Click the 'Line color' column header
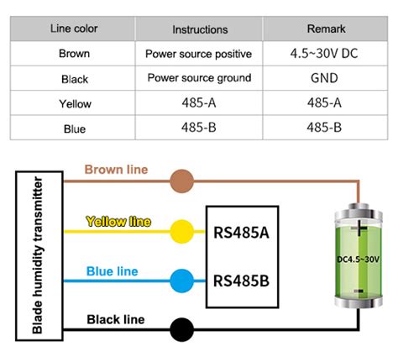(x=74, y=29)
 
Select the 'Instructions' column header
(x=200, y=29)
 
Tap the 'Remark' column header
(x=323, y=29)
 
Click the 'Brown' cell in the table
(x=74, y=54)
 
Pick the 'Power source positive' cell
(x=199, y=54)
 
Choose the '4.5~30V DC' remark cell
(x=323, y=54)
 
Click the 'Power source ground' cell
(x=199, y=78)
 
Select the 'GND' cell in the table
(x=323, y=78)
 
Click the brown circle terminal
(x=181, y=180)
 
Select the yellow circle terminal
(x=181, y=230)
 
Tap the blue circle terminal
(x=181, y=280)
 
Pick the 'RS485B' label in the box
(x=242, y=280)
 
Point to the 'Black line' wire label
(x=116, y=319)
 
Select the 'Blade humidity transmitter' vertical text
(x=38, y=254)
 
